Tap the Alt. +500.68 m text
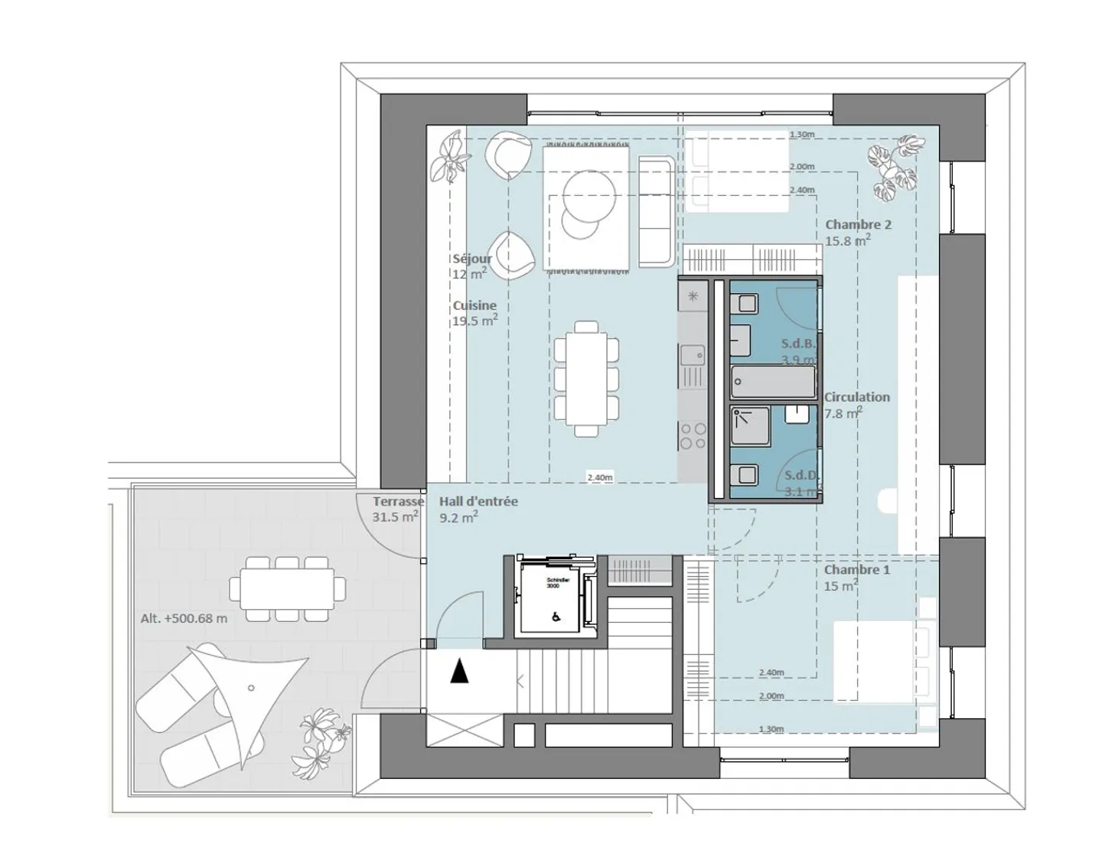coord(184,618)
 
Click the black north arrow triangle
coord(459,672)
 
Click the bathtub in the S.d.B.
coord(773,379)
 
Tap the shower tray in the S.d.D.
coord(749,426)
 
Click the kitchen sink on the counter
coord(693,355)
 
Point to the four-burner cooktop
coord(693,437)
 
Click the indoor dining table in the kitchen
coord(586,379)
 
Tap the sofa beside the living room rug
coord(657,213)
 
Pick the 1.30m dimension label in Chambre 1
coord(771,729)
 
